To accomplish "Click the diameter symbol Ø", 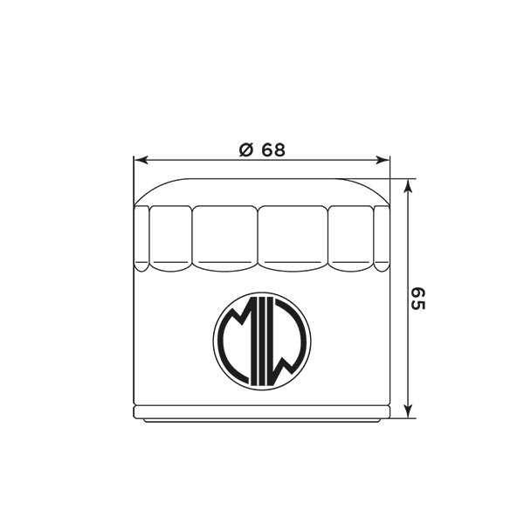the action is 246,150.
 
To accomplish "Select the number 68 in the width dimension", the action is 273,150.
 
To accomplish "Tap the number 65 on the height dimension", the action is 417,299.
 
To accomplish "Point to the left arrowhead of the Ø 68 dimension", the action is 140,161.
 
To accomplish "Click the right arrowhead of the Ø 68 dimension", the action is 383,161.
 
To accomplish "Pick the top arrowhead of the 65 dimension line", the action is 407,186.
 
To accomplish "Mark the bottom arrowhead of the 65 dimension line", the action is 407,410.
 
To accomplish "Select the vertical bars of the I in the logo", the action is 262,341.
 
